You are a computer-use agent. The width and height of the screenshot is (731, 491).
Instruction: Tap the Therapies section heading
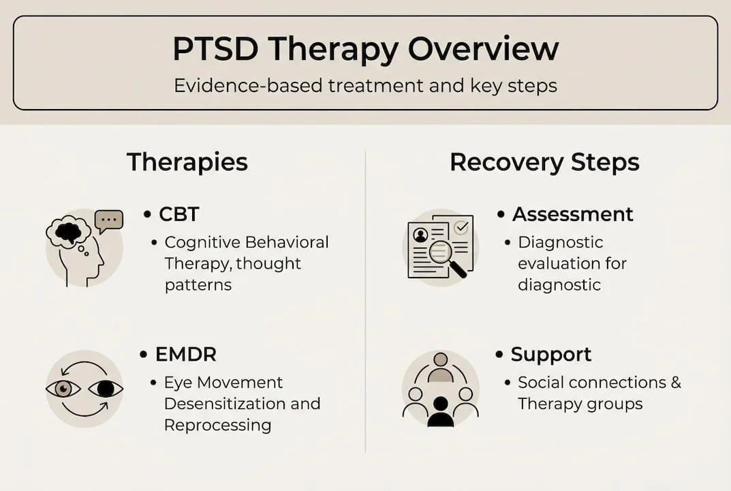click(x=187, y=162)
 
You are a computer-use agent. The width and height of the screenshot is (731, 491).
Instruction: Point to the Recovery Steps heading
click(x=544, y=162)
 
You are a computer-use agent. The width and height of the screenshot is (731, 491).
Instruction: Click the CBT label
click(x=178, y=214)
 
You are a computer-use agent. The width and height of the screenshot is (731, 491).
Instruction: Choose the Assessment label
click(x=572, y=214)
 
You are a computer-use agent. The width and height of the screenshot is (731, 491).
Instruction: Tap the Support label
click(x=550, y=355)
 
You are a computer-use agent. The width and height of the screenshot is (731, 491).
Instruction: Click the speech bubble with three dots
click(x=109, y=220)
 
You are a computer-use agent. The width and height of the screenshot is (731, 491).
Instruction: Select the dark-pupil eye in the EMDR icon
click(x=106, y=389)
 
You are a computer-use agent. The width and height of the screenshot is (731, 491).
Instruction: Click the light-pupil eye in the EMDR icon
click(x=63, y=389)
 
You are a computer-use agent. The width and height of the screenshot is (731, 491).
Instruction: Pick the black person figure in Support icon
click(x=440, y=413)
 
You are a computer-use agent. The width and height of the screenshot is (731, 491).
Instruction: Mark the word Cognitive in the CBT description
click(x=201, y=242)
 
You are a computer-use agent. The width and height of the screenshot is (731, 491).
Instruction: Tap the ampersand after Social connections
click(x=674, y=382)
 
